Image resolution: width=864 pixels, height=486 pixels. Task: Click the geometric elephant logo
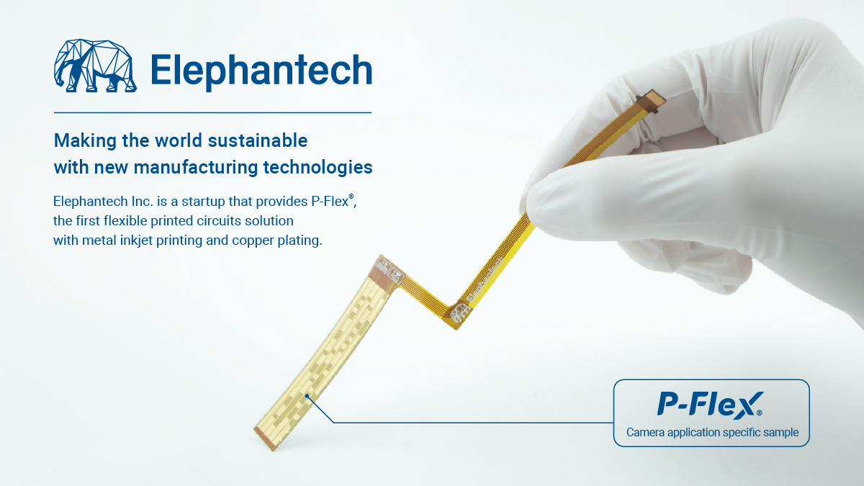[x=95, y=66]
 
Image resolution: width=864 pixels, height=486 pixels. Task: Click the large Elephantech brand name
[x=261, y=71]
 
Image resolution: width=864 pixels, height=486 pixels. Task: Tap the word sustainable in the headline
[x=258, y=140]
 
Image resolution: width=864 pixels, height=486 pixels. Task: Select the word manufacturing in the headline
[x=196, y=167]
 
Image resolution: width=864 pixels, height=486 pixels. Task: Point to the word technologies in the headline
[x=318, y=168]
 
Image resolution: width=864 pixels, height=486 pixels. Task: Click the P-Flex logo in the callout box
[x=710, y=405]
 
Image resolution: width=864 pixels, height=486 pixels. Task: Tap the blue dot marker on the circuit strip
[x=307, y=396]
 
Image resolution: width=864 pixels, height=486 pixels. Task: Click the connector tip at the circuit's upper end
[x=651, y=100]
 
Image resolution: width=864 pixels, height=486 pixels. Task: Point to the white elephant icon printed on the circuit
[x=460, y=312]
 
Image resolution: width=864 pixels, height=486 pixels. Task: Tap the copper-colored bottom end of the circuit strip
[x=266, y=438]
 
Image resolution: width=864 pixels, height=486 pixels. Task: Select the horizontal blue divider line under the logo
[x=212, y=112]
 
